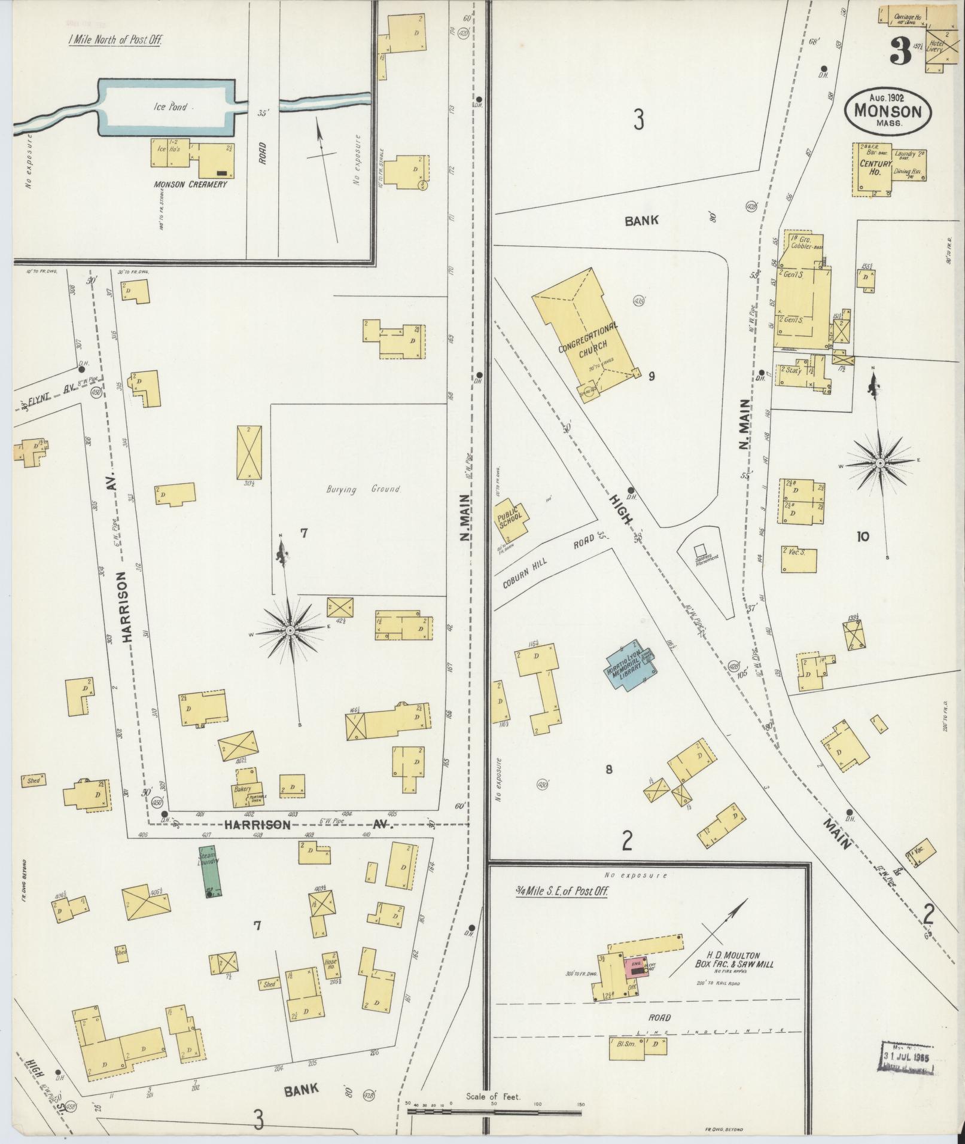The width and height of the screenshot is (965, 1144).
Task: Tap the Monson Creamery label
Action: [190, 184]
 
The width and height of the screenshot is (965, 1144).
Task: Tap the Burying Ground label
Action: [363, 489]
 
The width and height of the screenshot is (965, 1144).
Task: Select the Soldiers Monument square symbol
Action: [699, 549]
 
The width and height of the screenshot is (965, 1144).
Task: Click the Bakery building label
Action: [242, 789]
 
